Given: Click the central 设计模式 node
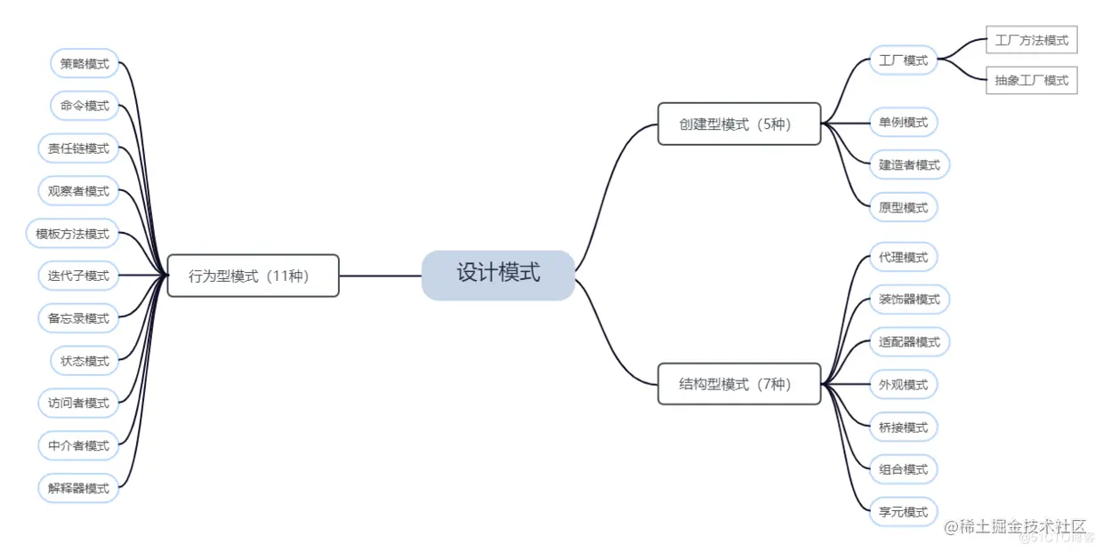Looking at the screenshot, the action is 498,275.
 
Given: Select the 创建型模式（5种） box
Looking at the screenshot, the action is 738,124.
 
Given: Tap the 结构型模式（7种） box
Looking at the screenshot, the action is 738,384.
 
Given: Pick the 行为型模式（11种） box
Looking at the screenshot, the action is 253,276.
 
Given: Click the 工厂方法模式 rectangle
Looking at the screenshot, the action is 1031,40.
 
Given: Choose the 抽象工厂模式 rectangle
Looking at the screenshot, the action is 1031,80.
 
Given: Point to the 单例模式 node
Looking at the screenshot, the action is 903,122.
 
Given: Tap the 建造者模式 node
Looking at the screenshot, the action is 909,164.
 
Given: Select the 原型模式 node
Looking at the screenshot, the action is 903,207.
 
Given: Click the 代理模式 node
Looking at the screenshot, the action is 903,257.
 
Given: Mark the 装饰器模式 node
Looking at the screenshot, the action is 909,300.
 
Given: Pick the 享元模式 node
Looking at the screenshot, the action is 903,512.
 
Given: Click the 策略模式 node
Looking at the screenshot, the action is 85,63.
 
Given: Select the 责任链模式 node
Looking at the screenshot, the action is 78,148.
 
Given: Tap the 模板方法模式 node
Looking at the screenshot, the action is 72,234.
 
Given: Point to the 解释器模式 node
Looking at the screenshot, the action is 78,488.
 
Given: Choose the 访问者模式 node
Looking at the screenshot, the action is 78,403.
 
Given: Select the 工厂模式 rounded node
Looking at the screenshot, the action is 903,60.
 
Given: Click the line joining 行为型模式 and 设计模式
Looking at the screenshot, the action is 380,276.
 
